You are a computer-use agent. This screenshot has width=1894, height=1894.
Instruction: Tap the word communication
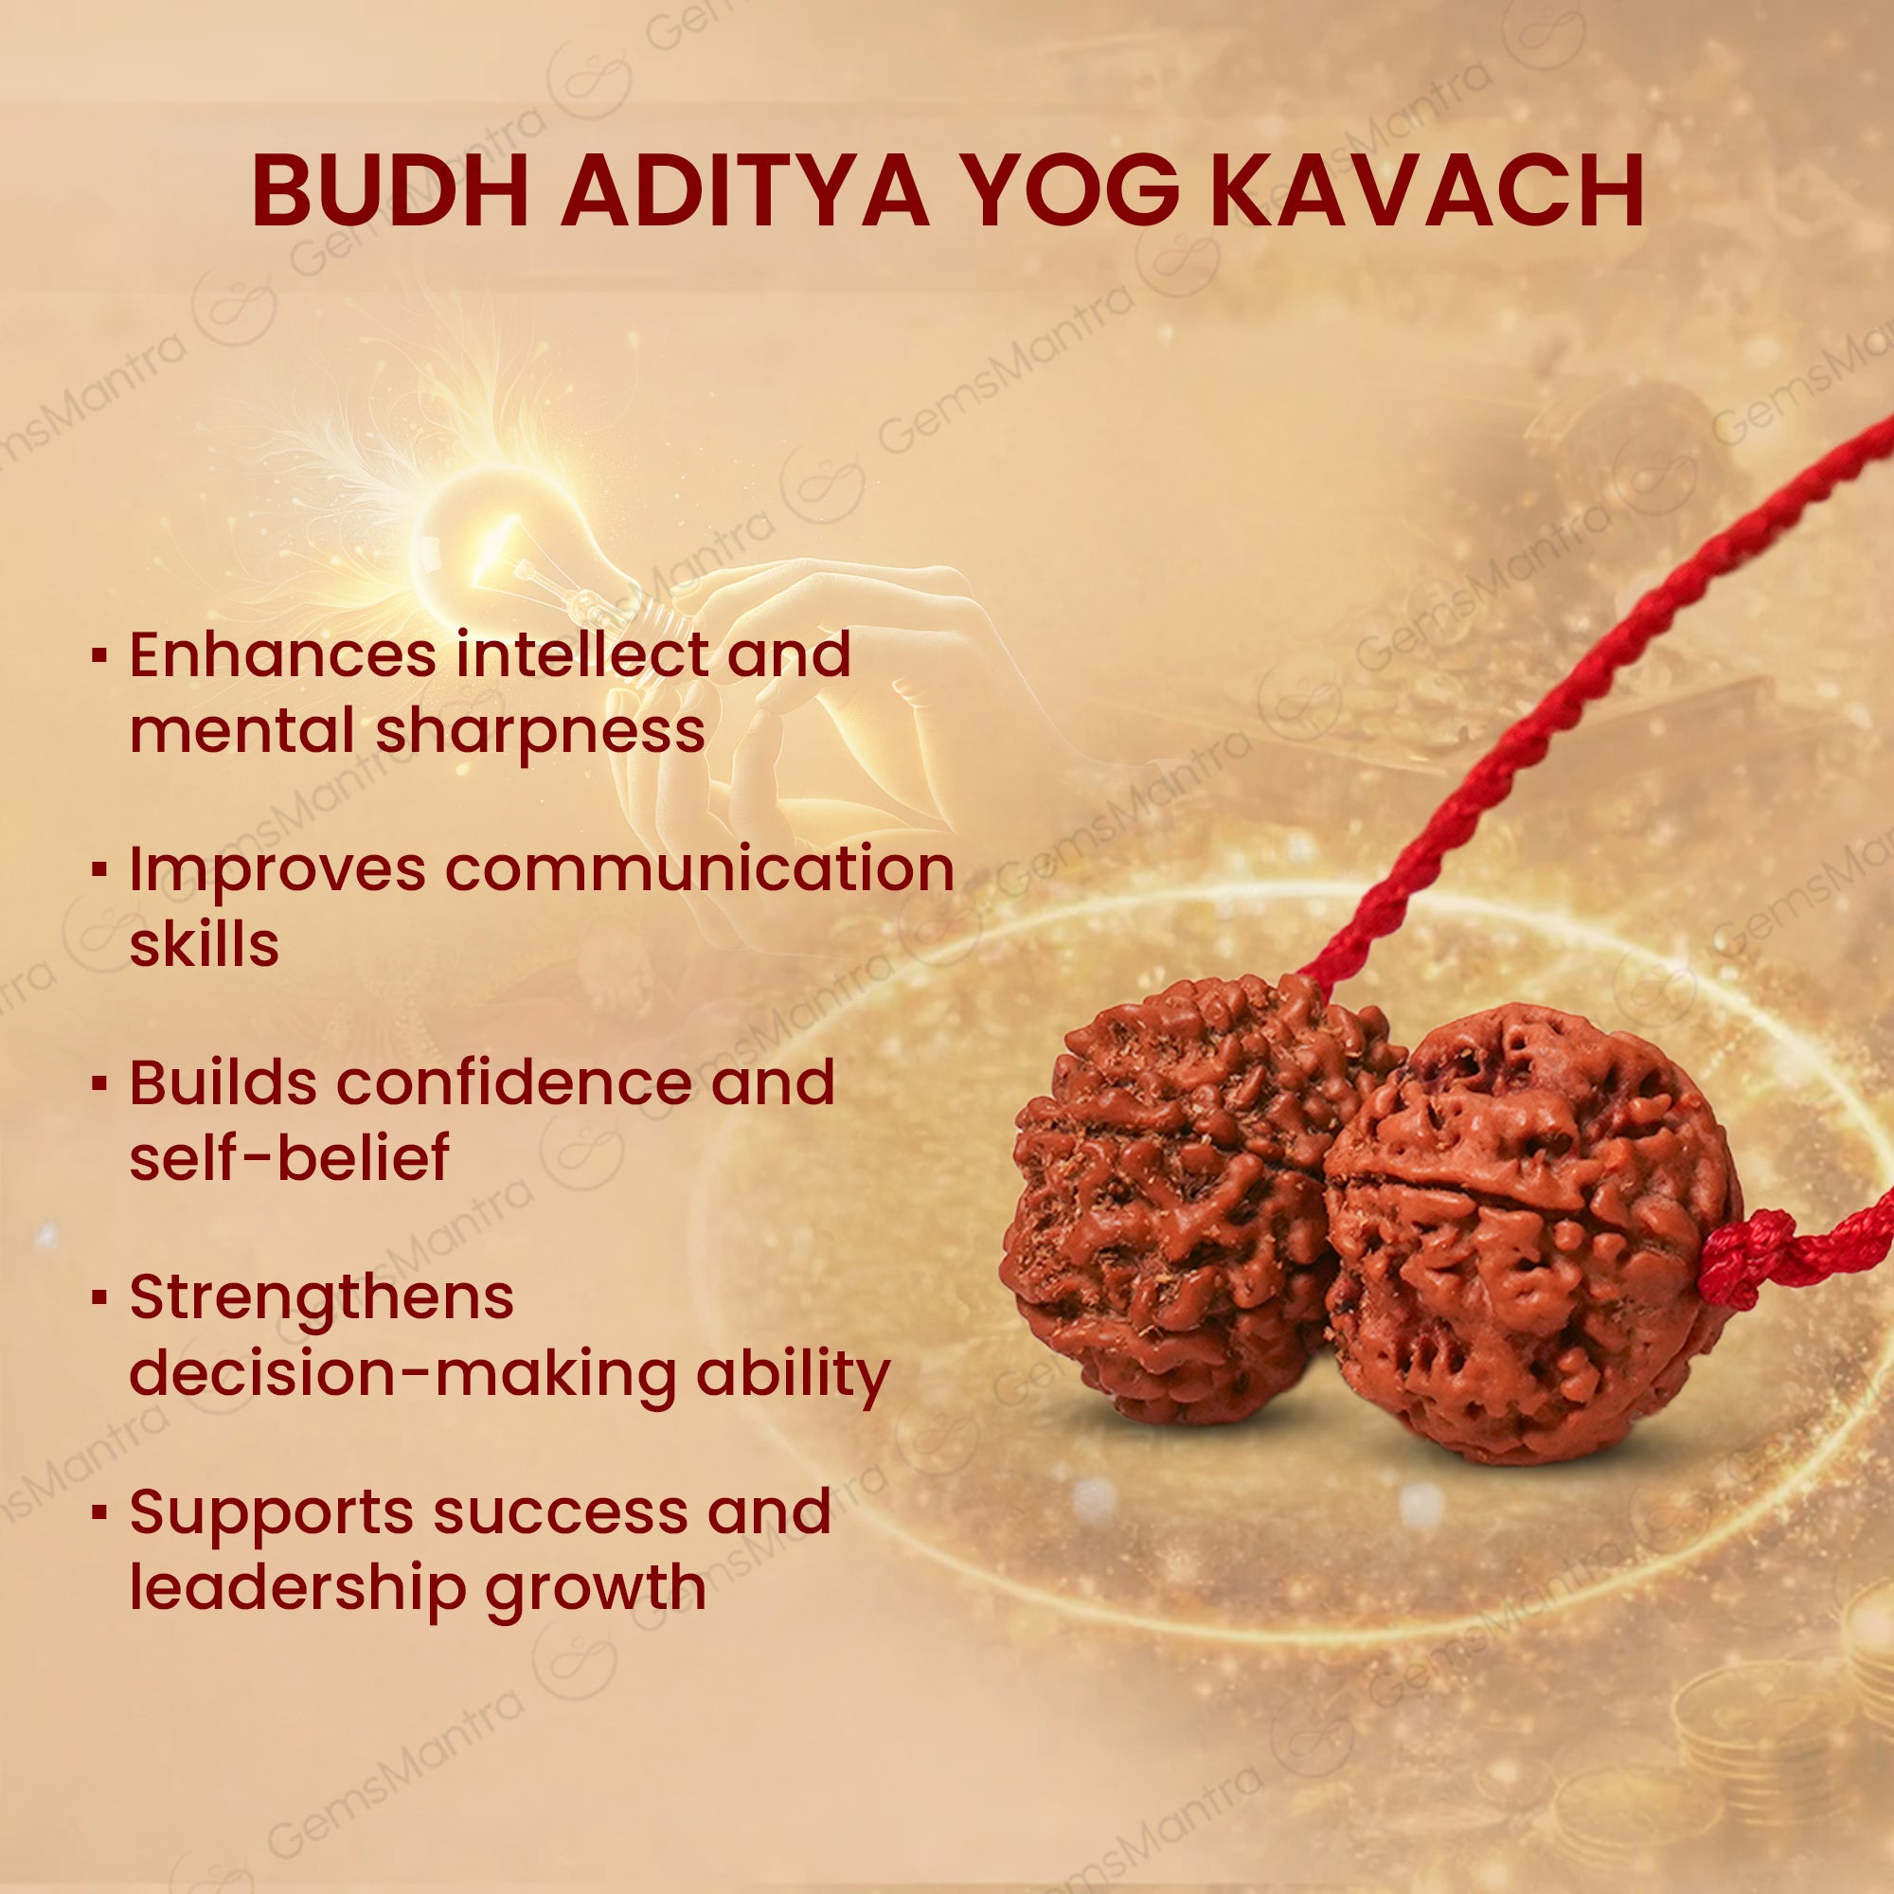(699, 869)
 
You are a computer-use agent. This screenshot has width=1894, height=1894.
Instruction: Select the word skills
(204, 944)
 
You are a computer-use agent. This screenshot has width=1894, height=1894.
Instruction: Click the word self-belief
(289, 1158)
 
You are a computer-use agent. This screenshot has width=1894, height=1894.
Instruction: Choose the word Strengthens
(322, 1297)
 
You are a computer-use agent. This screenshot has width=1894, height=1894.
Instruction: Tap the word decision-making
(402, 1374)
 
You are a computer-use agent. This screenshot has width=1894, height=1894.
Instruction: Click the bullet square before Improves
(98, 869)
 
